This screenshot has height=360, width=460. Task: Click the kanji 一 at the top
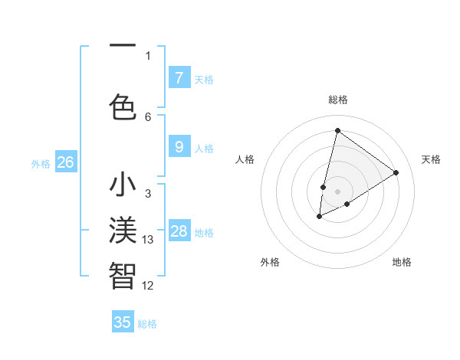click(123, 47)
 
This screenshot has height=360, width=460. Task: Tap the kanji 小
click(123, 186)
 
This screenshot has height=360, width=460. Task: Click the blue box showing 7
click(179, 77)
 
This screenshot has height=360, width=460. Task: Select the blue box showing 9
click(179, 146)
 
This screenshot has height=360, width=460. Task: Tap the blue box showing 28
click(179, 231)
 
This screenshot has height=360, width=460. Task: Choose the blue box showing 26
click(65, 162)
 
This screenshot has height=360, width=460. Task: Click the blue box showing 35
click(123, 322)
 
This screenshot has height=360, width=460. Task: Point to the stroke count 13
click(148, 240)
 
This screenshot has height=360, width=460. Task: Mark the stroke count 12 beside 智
click(148, 286)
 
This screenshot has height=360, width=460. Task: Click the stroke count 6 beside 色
click(148, 116)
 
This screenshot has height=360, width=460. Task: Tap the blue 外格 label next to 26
click(41, 163)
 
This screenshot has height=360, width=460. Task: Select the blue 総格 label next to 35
click(147, 324)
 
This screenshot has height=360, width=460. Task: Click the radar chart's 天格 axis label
click(431, 159)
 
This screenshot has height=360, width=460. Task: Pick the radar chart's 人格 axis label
click(245, 159)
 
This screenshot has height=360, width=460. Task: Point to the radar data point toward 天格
click(396, 172)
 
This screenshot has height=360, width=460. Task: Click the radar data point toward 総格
click(337, 130)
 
